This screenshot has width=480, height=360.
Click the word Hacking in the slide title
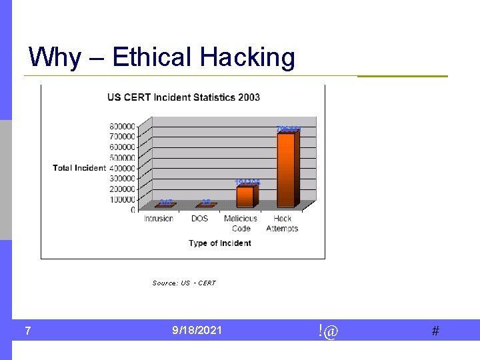[247, 58]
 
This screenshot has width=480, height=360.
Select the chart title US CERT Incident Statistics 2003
[183, 97]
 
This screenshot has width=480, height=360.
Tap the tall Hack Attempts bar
[287, 170]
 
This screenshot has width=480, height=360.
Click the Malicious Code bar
[245, 197]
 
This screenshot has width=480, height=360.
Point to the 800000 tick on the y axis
[123, 126]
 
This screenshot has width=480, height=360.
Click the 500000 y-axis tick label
[123, 157]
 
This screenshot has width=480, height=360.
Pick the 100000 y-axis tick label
[123, 199]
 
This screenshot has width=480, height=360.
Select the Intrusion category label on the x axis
[159, 219]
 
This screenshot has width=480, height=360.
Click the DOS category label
[199, 219]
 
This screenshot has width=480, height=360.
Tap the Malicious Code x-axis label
[241, 223]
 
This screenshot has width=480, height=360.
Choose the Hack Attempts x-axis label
[282, 223]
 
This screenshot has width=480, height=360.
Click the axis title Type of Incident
[220, 243]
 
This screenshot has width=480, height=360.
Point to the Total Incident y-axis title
[79, 168]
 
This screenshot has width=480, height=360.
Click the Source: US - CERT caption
[184, 283]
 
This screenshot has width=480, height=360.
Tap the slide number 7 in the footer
[27, 331]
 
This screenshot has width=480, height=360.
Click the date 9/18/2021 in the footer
[197, 330]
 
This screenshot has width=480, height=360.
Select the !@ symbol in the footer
[328, 330]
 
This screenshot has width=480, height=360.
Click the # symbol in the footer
[435, 331]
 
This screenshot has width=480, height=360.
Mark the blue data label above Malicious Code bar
[247, 183]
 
